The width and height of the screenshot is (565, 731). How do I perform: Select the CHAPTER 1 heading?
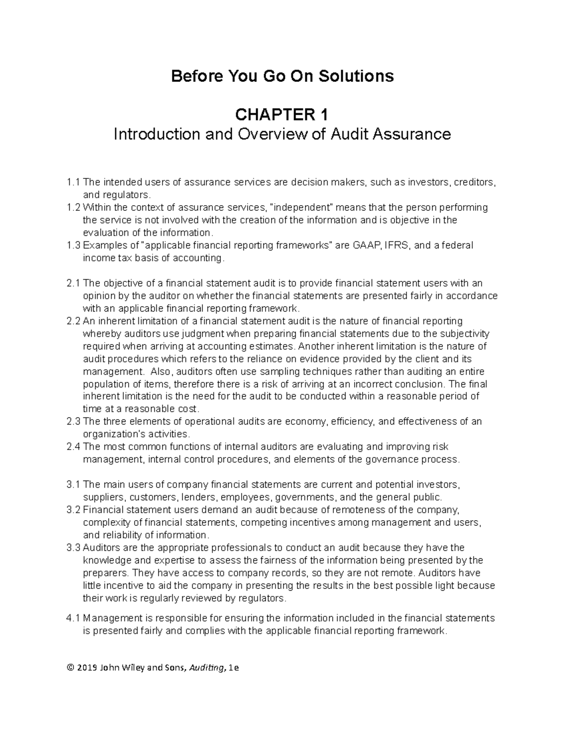tap(282, 114)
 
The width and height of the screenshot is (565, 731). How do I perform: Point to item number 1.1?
tap(73, 183)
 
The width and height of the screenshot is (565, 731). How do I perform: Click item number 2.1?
tap(73, 283)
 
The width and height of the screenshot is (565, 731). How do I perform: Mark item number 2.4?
tap(73, 447)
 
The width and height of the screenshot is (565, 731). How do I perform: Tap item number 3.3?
tap(73, 548)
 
